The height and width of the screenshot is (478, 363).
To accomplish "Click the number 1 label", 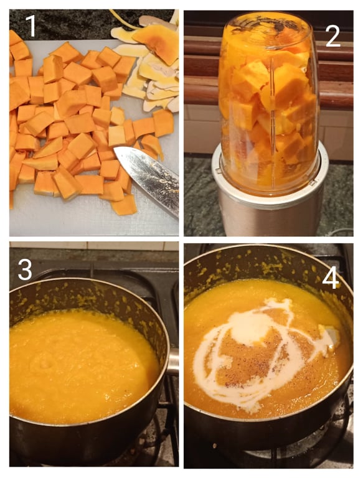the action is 31,26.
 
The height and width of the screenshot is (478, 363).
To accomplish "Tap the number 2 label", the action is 332,36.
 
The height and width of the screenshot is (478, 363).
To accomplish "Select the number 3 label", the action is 25,269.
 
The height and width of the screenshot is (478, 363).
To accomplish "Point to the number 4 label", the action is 331,278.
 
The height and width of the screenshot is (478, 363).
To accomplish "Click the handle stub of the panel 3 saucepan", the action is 173,362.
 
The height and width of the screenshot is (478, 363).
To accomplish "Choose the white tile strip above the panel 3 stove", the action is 94,246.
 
